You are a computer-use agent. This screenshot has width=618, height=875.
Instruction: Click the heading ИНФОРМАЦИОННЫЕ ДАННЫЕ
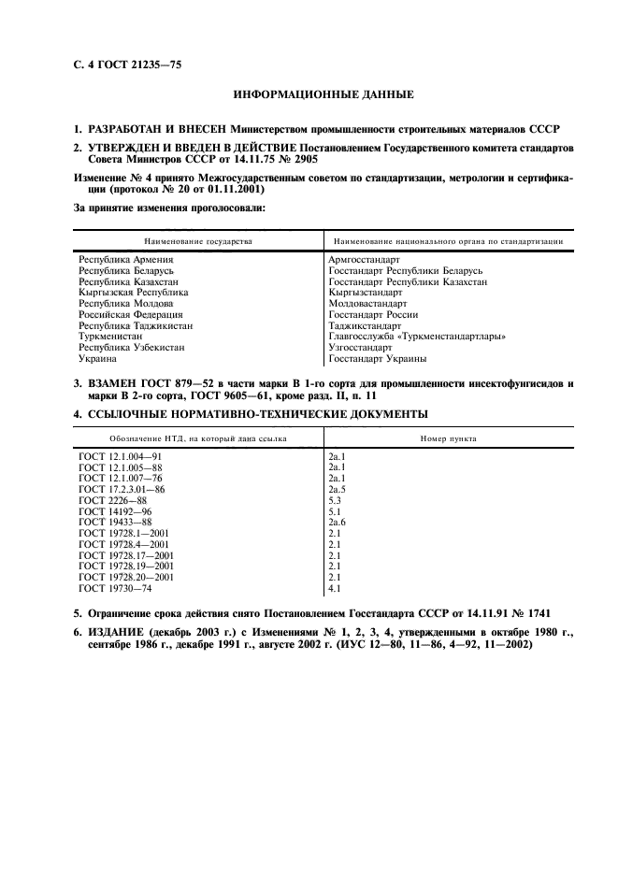point(309,94)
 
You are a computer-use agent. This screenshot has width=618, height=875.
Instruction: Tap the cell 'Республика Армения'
point(126,259)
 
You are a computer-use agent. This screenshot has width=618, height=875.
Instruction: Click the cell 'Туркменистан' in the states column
point(110,336)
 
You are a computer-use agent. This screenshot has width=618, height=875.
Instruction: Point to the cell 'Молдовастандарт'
point(367,303)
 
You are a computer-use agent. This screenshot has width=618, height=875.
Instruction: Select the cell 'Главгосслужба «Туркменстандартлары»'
point(417,336)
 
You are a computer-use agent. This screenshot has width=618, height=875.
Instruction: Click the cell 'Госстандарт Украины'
point(377,358)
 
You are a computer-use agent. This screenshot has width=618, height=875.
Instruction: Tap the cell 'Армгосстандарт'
point(364,259)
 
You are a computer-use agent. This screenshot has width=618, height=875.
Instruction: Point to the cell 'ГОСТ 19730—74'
point(114,589)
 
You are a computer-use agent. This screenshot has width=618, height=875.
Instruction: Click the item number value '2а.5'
point(338,489)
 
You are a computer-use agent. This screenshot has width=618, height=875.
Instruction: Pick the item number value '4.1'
point(335,589)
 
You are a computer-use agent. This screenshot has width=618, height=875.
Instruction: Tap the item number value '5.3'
point(335,500)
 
